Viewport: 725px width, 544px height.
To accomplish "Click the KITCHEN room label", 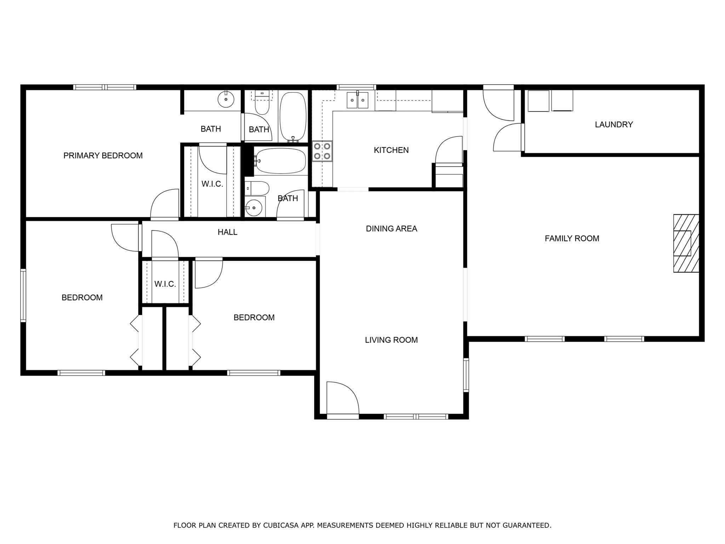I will pos(391,150).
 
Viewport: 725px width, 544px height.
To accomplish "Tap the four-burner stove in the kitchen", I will pos(322,151).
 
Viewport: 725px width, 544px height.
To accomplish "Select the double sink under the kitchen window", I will pos(358,100).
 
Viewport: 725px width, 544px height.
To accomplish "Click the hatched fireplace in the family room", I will pos(686,243).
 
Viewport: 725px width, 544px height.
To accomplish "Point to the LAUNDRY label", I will pos(613,125).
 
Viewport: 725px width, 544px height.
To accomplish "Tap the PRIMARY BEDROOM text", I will pos(103,155).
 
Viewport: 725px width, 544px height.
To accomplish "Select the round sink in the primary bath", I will pos(226,100).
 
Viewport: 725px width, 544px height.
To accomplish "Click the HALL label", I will pos(227,232).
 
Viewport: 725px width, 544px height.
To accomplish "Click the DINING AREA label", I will pos(391,229).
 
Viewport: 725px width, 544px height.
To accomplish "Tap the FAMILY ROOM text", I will pos(572,239).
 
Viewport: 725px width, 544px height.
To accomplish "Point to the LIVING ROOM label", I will pos(391,340).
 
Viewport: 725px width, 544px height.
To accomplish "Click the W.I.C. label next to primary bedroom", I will pos(212,184).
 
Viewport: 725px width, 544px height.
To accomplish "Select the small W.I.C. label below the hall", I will pos(165,284).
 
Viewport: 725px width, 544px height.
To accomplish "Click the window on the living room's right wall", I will pos(466,375).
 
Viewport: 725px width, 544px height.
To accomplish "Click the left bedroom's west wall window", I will pos(23,295).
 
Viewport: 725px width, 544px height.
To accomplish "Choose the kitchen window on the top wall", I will pos(356,87).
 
